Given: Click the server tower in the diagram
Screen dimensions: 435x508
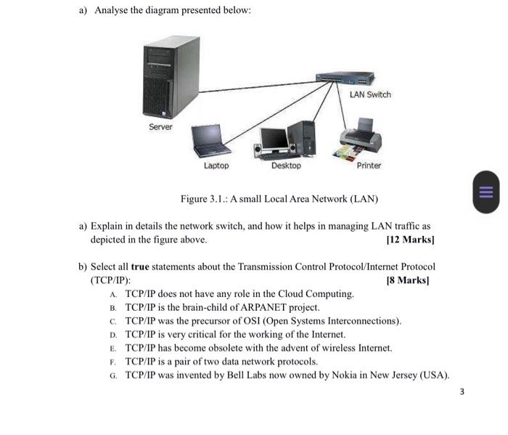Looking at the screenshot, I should click(x=171, y=78).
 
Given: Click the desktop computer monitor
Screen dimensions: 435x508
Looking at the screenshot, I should click(x=274, y=139).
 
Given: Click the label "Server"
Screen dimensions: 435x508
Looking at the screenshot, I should click(x=160, y=127).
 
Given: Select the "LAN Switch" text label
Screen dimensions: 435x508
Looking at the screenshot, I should click(x=369, y=95).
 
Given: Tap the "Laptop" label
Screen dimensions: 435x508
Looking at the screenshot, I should click(x=216, y=166).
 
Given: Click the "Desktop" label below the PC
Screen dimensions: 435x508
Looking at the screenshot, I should click(x=286, y=166).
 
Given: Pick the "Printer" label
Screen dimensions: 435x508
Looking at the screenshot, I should click(x=369, y=166).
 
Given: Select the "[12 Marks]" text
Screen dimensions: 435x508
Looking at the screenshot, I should click(x=411, y=239).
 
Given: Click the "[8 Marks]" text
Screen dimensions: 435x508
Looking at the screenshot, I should click(x=409, y=280).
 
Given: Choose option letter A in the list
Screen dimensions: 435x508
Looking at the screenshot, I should click(x=114, y=294).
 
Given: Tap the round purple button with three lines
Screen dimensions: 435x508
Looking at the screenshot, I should click(x=486, y=192).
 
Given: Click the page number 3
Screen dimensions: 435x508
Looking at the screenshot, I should click(x=462, y=392).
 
